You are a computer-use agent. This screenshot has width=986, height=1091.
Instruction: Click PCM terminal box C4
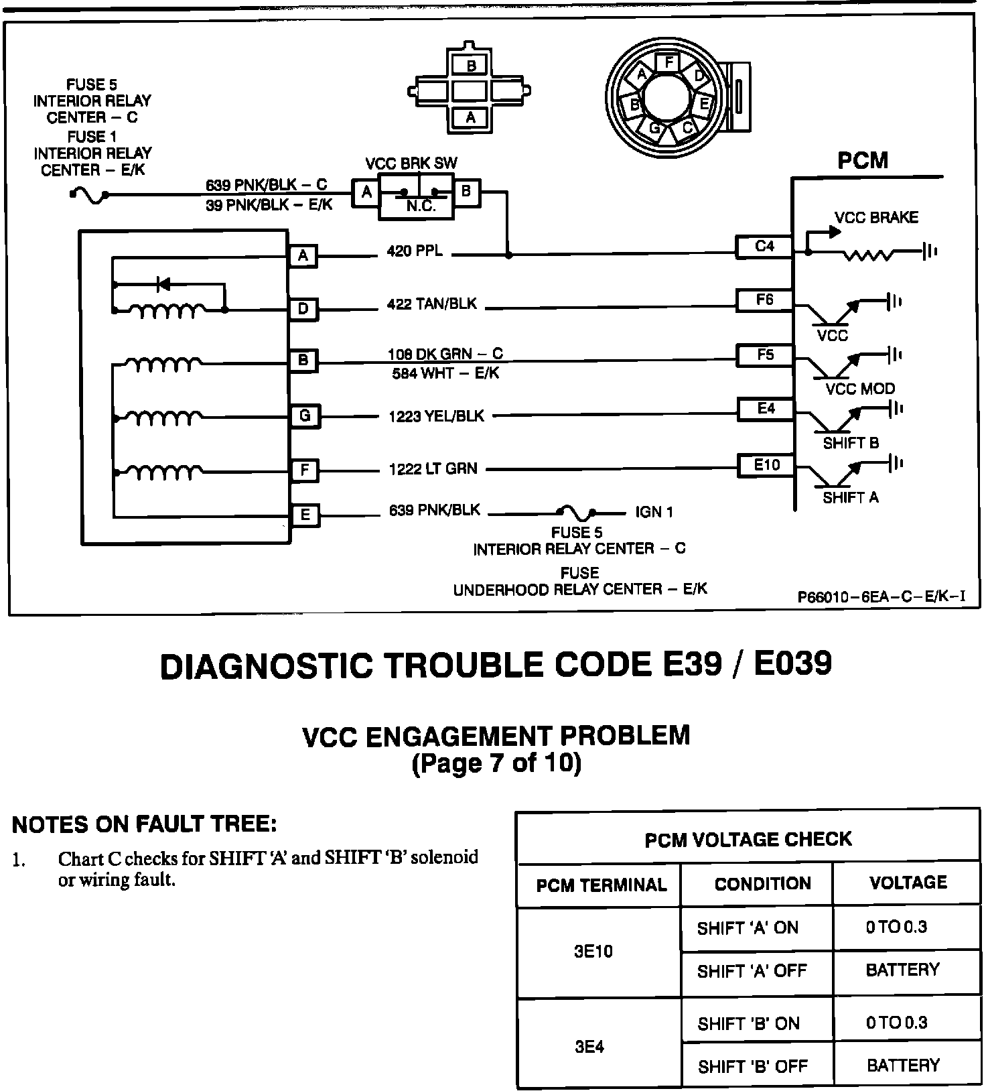pyautogui.click(x=764, y=247)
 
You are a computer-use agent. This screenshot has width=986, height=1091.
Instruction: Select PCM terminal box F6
pyautogui.click(x=764, y=300)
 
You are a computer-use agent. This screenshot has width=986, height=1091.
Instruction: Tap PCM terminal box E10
pyautogui.click(x=766, y=465)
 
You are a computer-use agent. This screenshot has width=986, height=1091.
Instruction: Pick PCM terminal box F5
pyautogui.click(x=764, y=355)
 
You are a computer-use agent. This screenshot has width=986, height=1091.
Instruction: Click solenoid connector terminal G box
pyautogui.click(x=304, y=416)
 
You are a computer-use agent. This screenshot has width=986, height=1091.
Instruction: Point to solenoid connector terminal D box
pyautogui.click(x=303, y=309)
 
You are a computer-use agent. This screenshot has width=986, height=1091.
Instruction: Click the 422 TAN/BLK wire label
pyautogui.click(x=431, y=304)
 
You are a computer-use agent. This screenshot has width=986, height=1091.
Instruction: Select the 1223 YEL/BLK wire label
pyautogui.click(x=436, y=416)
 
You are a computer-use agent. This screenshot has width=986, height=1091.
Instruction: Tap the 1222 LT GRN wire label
pyautogui.click(x=433, y=469)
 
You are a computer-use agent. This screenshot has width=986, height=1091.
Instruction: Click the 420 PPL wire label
pyautogui.click(x=415, y=251)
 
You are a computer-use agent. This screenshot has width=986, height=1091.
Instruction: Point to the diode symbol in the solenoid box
pyautogui.click(x=163, y=284)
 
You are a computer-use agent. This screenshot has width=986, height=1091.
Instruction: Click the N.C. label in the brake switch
pyautogui.click(x=421, y=206)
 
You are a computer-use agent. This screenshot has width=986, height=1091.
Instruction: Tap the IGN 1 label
pyautogui.click(x=654, y=513)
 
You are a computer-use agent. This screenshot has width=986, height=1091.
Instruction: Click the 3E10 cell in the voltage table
pyautogui.click(x=593, y=952)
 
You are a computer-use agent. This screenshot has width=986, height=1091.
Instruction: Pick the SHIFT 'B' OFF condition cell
pyautogui.click(x=752, y=1066)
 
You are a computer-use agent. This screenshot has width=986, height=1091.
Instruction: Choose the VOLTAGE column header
pyautogui.click(x=908, y=883)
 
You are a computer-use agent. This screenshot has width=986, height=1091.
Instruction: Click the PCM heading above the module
pyautogui.click(x=863, y=161)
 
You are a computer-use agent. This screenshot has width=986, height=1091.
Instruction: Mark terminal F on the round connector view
pyautogui.click(x=668, y=62)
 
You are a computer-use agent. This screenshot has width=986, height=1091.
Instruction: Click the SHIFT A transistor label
pyautogui.click(x=851, y=497)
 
